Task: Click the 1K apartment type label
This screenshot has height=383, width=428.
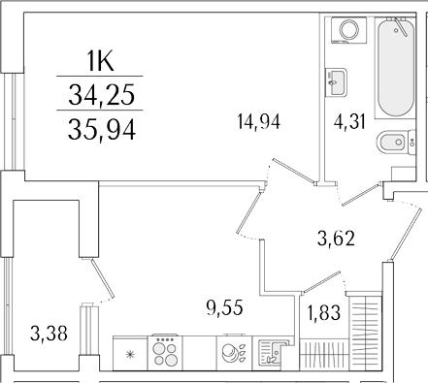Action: click(100, 62)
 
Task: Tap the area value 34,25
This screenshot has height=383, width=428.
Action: click(101, 94)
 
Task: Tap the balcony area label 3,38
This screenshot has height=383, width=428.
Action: click(49, 335)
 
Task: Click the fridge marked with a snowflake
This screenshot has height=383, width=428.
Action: click(129, 351)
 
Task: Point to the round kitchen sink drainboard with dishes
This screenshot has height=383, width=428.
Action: click(235, 351)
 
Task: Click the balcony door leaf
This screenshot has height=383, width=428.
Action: click(89, 275)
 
